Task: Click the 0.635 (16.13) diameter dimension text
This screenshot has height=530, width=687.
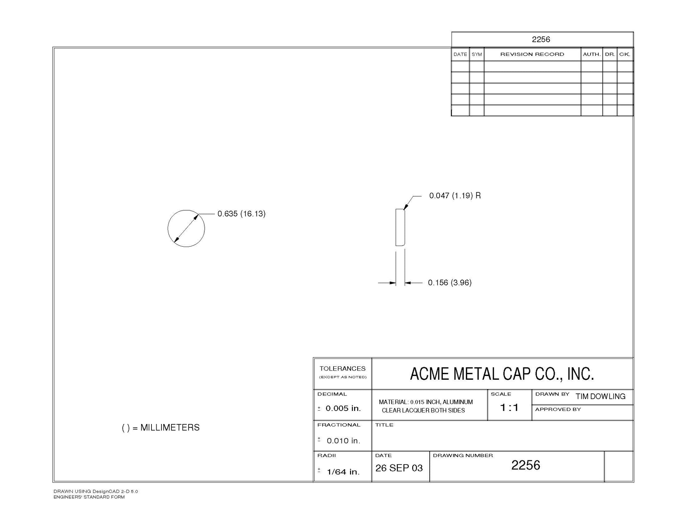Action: point(241,214)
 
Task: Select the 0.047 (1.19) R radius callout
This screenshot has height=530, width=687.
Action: point(455,196)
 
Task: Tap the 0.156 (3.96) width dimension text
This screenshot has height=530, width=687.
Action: point(450,283)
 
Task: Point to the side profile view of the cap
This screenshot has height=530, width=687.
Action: point(396,227)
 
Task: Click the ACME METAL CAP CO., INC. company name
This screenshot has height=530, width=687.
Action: point(502,374)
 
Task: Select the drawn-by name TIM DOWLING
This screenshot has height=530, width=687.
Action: point(600,396)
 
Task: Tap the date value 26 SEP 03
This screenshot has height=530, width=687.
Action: point(399,468)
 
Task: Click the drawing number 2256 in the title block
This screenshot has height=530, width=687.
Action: point(526,465)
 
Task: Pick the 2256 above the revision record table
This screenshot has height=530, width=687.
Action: point(541,39)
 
